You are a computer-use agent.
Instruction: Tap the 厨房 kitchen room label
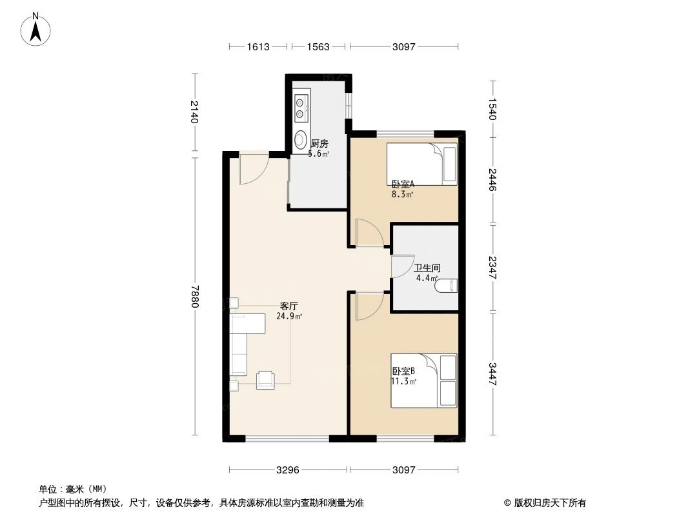click(319, 144)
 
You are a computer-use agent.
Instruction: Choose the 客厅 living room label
click(288, 306)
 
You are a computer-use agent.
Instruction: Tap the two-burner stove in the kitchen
click(301, 108)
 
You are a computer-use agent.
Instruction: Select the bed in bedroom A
click(421, 164)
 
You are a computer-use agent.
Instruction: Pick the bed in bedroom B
click(423, 381)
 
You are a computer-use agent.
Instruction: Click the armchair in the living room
click(266, 380)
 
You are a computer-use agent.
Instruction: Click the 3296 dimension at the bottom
click(288, 470)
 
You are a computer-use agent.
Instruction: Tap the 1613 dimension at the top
click(258, 46)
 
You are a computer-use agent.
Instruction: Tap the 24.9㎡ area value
click(289, 316)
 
